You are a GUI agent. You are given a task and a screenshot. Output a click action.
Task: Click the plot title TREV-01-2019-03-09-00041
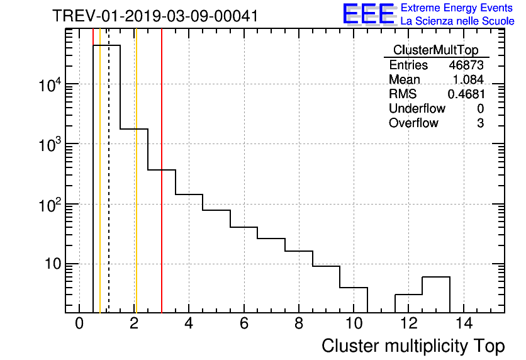155,16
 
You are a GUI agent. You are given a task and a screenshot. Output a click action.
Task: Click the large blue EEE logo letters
369,14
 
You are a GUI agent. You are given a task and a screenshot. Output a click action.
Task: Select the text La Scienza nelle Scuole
457,21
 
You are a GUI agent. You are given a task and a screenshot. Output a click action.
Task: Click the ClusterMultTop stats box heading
435,50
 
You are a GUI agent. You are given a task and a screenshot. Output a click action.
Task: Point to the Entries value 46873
466,65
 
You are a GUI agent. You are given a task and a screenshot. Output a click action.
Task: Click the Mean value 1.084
468,80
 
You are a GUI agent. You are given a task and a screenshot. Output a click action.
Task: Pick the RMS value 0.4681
466,94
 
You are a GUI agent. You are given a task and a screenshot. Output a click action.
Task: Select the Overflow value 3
480,123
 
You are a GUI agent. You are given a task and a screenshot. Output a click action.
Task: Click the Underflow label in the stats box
417,109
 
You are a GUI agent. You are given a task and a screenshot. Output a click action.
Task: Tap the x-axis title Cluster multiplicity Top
413,346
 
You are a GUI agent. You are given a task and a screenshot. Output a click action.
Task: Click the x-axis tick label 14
462,324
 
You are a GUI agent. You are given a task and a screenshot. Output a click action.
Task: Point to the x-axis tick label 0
79,324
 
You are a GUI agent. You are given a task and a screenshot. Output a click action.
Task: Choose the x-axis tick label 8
298,324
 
